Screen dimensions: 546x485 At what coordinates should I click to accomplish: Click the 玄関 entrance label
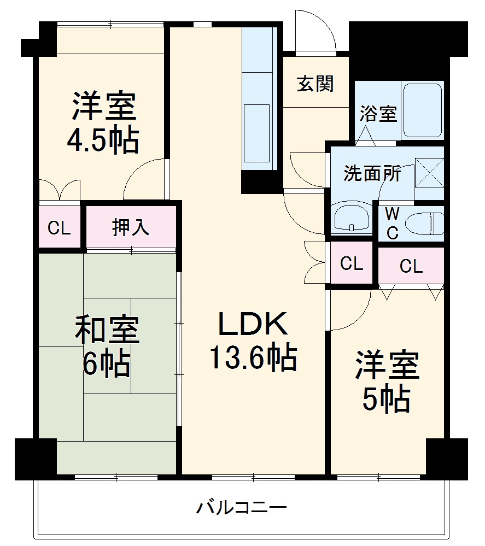coord(315,84)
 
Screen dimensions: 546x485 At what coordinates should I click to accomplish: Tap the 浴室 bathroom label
coord(378,115)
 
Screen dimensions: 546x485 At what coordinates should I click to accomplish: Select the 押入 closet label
coord(131,227)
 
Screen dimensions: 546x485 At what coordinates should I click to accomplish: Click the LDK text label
coord(252,324)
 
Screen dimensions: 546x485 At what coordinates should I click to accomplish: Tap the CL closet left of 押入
coord(59,228)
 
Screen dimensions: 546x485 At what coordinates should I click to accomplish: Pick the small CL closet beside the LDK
coord(351,264)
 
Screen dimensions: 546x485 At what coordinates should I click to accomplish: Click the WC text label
coord(392,223)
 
